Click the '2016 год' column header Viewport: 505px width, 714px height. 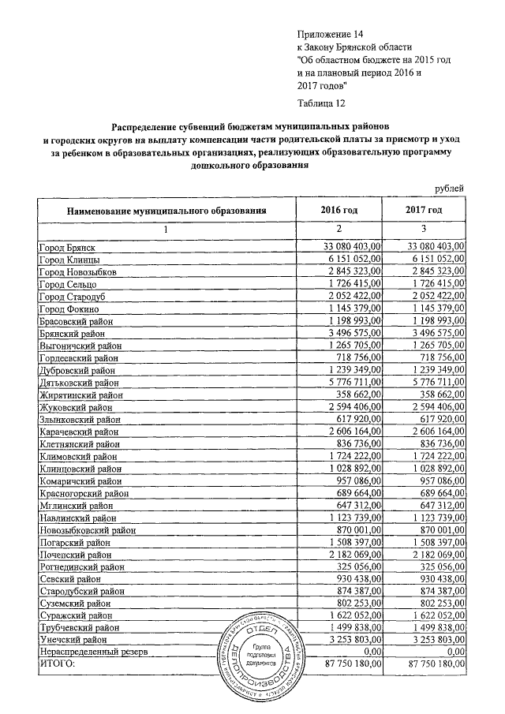339,211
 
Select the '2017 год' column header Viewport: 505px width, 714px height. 423,211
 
